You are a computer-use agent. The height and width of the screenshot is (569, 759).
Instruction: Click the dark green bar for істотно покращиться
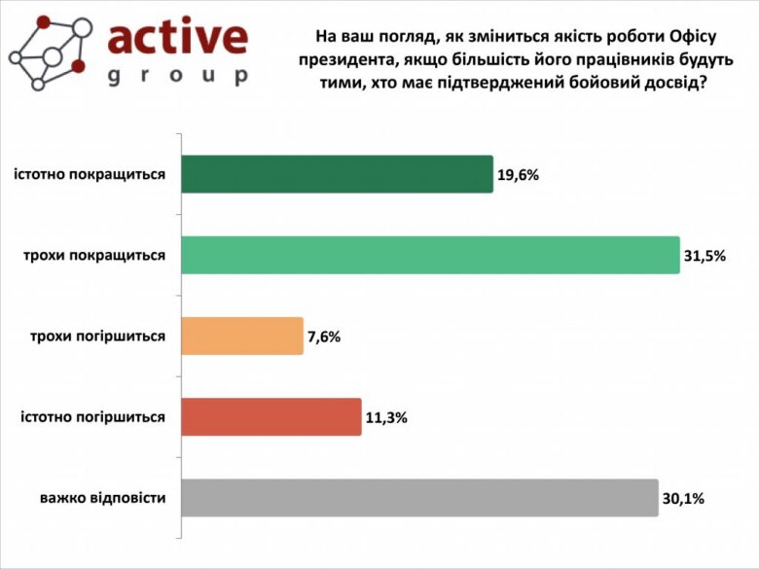pos(337,174)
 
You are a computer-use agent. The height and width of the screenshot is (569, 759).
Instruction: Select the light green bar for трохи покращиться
pos(430,255)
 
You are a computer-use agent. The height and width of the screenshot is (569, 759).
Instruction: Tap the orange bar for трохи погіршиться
pos(242,336)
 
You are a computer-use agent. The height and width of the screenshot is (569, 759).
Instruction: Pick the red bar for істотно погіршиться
pos(271,416)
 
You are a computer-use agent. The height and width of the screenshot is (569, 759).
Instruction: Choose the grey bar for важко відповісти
pos(420,497)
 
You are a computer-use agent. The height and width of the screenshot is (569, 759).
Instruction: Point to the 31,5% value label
pos(705,256)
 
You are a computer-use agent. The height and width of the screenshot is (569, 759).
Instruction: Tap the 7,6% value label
pos(325,337)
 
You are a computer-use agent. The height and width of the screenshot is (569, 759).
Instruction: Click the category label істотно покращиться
pos(89,174)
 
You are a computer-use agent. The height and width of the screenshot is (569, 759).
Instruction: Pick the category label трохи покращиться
pos(94,255)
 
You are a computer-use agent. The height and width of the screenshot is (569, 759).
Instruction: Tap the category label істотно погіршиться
pos(92,416)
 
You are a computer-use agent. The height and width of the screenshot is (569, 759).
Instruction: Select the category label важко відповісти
pos(102,497)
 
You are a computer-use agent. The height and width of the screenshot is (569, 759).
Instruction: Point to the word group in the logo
pos(177,76)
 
